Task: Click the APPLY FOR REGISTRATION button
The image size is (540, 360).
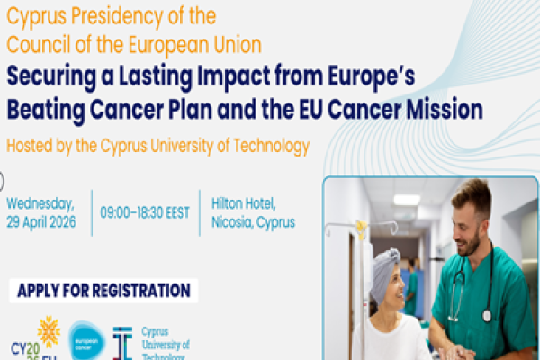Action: click(103, 291)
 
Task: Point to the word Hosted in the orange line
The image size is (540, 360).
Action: click(30, 146)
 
